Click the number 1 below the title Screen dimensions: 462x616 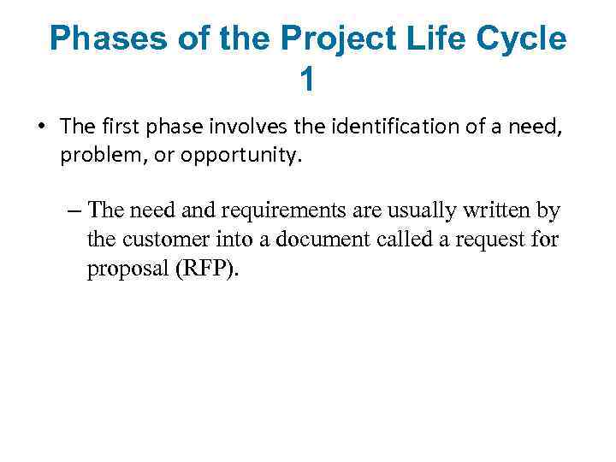tap(307, 80)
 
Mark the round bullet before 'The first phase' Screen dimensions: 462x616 tap(40, 127)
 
